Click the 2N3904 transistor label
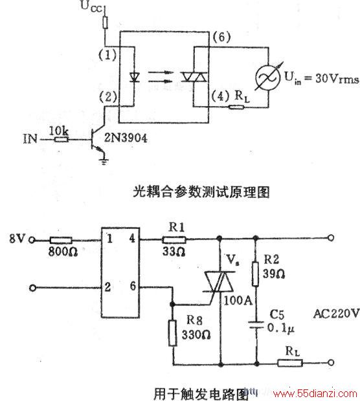pyautogui.click(x=126, y=138)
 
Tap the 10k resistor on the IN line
pyautogui.click(x=62, y=139)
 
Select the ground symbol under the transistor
pyautogui.click(x=104, y=162)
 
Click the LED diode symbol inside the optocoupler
pyautogui.click(x=134, y=77)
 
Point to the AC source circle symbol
pyautogui.click(x=267, y=78)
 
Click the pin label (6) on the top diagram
pyautogui.click(x=221, y=37)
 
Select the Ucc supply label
pyautogui.click(x=91, y=6)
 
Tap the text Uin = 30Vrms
pyautogui.click(x=322, y=78)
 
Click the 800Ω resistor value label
pyautogui.click(x=63, y=252)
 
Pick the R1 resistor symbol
pyautogui.click(x=174, y=240)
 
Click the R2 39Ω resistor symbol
pyautogui.click(x=255, y=274)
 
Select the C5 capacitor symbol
pyautogui.click(x=256, y=325)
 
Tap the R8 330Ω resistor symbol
pyautogui.click(x=173, y=332)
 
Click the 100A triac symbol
pyautogui.click(x=219, y=282)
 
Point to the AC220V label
pyautogui.click(x=337, y=314)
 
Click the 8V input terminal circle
pyautogui.click(x=32, y=240)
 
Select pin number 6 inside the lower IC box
pyautogui.click(x=133, y=286)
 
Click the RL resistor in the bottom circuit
pyautogui.click(x=290, y=363)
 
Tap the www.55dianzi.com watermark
pyautogui.click(x=315, y=394)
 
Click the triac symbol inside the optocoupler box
pyautogui.click(x=194, y=77)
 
